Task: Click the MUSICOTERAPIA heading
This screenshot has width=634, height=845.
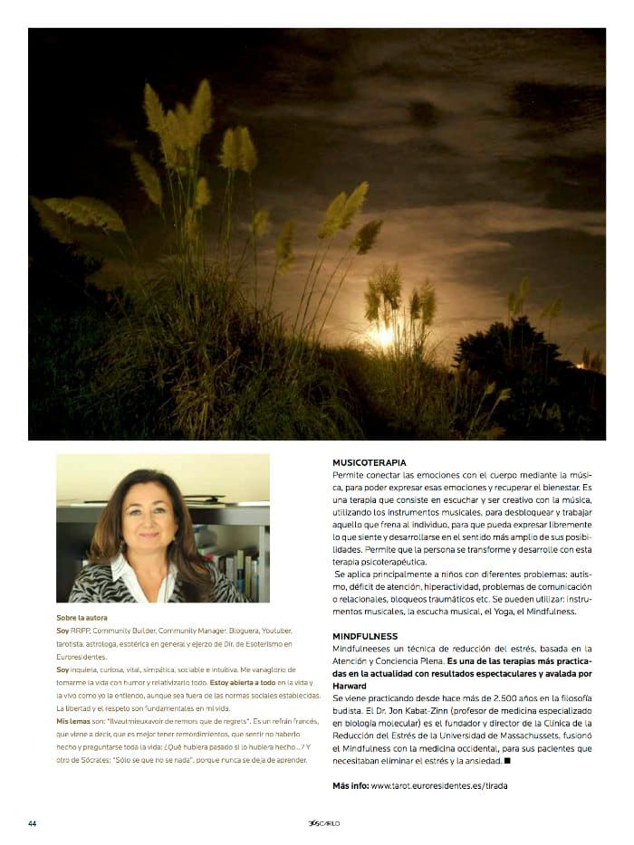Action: click(369, 462)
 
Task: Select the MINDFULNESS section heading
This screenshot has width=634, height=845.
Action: click(365, 636)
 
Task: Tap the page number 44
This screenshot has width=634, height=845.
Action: click(32, 822)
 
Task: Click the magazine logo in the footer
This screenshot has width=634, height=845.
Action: click(323, 822)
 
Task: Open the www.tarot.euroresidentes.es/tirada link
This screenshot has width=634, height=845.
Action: click(439, 785)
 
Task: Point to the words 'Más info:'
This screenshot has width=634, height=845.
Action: click(350, 785)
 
